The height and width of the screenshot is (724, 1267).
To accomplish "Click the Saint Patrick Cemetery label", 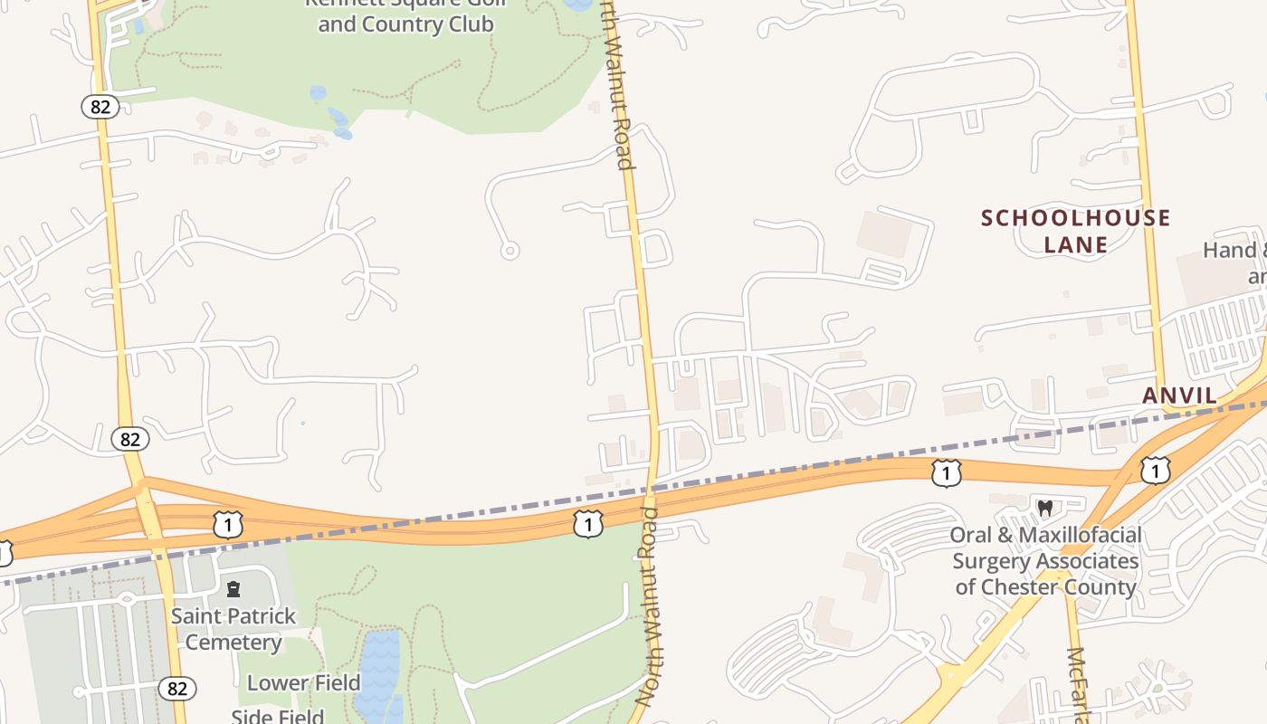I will coord(233,629).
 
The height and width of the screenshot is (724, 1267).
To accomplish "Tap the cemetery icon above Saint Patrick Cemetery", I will coord(233,590).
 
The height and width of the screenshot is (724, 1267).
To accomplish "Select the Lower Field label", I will coord(304,682).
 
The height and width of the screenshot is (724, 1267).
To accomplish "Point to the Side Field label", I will coord(277,717).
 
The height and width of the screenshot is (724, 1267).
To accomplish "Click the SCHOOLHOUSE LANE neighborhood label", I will coord(1076,231).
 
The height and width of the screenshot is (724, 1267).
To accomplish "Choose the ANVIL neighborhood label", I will coord(1179,395).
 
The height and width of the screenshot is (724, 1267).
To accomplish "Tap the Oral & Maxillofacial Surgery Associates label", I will coord(1045,561).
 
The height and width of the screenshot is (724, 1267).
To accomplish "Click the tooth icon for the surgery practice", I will coord(1045,509).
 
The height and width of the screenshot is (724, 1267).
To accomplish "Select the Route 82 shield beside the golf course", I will coord(100,107).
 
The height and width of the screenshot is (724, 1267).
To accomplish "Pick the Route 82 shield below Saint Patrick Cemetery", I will coord(176,689).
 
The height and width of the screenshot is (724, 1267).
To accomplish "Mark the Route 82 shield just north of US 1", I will coord(130,439).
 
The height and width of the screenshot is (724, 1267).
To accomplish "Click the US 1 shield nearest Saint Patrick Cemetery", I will coord(228,524).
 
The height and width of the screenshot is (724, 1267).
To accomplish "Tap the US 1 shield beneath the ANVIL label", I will coord(1155,471).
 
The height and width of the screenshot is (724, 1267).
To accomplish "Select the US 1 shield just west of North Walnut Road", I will coord(588,524).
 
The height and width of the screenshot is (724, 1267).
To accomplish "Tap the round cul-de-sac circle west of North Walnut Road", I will coord(510,251).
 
